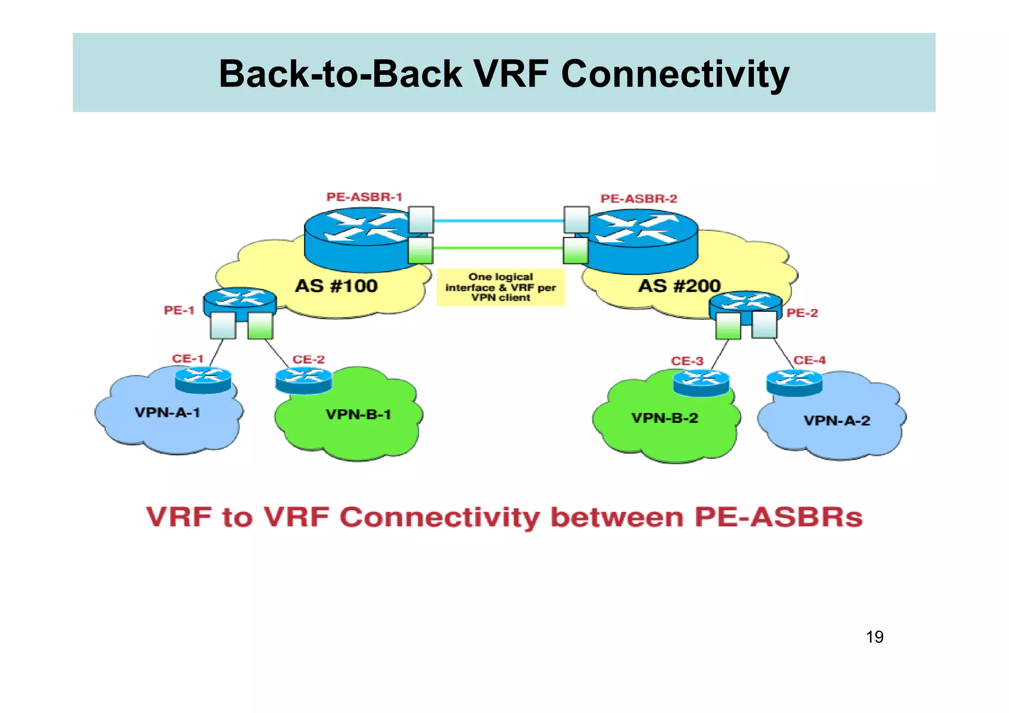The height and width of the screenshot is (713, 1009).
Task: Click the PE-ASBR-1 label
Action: point(364,197)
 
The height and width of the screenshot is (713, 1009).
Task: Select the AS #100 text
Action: point(336,286)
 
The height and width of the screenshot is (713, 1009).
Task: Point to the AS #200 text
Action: point(679,286)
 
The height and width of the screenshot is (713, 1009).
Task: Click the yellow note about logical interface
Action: point(501,287)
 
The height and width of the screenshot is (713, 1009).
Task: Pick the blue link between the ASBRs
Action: point(498,221)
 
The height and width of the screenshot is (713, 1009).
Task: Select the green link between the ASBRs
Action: point(498,248)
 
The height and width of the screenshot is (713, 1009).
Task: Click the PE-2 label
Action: point(802,313)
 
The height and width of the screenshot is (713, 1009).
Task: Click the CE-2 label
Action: point(308,359)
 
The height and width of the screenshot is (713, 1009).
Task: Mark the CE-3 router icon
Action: point(701,383)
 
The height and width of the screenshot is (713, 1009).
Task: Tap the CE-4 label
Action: point(809,360)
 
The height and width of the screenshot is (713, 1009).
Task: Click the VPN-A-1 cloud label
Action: point(168,413)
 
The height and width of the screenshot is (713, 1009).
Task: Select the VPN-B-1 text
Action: point(358,415)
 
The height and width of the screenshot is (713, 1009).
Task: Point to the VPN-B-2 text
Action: point(665,418)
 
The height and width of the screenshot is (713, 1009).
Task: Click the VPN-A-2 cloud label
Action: point(837,421)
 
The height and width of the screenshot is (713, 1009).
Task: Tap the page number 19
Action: point(874,637)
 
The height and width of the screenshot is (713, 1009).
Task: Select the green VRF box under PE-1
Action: point(260,326)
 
